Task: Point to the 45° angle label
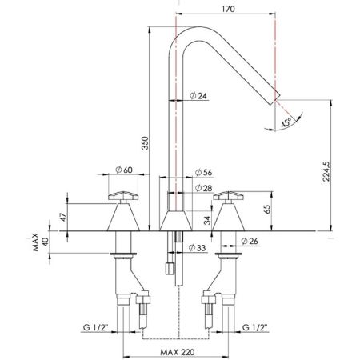[x=286, y=122]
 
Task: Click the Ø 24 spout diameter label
[x=201, y=97]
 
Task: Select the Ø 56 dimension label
[x=204, y=172]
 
